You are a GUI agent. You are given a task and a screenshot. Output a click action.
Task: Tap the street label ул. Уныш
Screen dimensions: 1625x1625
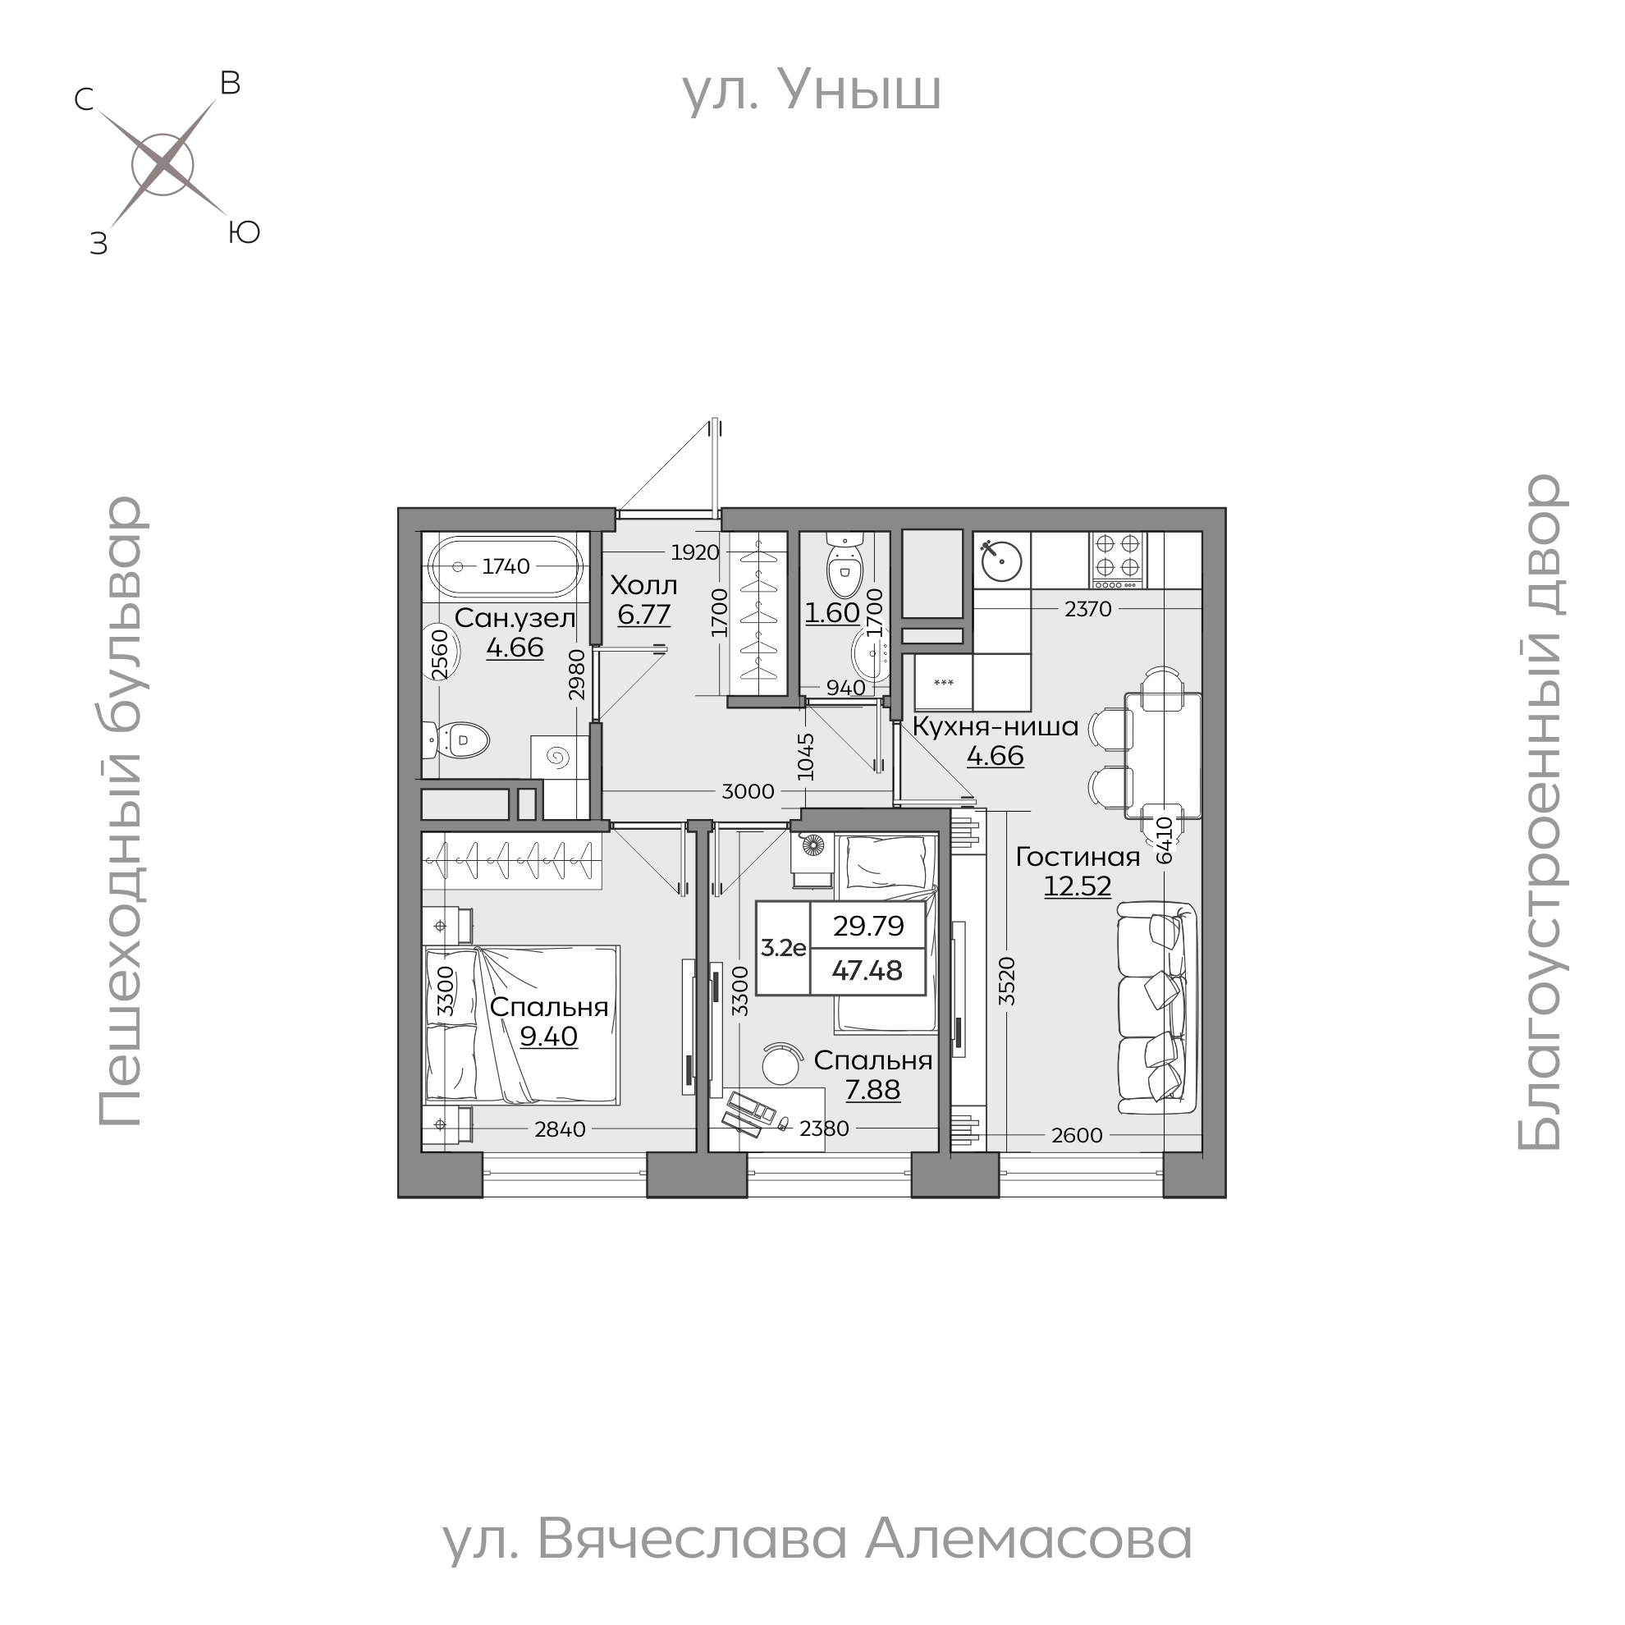811,91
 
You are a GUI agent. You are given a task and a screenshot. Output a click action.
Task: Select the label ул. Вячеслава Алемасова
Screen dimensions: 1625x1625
817,1539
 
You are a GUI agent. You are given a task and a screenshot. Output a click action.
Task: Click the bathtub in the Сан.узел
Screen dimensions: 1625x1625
506,566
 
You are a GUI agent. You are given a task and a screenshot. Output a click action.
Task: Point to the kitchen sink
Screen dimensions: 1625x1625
1001,557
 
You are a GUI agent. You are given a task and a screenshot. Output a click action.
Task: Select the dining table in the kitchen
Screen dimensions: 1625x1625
1163,755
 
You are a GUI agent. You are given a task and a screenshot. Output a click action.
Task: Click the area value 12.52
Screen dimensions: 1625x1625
1078,886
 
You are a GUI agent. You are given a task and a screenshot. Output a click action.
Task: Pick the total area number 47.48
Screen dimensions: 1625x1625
867,971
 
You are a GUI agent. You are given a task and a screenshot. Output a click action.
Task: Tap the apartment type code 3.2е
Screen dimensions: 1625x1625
783,948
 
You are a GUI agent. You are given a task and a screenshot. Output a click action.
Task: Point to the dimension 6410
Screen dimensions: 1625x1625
1164,840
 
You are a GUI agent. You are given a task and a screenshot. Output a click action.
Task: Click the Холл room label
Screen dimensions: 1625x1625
643,585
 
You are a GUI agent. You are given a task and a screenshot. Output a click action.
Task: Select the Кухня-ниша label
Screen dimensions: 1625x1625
995,726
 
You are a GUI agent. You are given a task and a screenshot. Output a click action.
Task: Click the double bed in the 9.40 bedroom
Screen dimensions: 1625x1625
522,1024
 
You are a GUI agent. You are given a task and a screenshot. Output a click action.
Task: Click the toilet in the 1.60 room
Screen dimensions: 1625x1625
844,567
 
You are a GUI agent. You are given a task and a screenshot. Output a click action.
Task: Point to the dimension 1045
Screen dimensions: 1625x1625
806,757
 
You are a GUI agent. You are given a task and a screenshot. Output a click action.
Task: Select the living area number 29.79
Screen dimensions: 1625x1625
868,925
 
